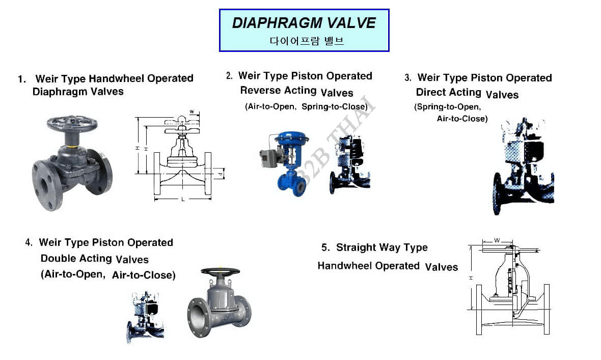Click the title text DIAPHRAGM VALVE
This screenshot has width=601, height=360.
[304, 23]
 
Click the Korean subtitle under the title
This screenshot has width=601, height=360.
[307, 41]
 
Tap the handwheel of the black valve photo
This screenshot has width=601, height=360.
[72, 124]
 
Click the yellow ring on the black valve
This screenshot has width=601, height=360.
[71, 147]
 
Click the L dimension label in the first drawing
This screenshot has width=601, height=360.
[183, 199]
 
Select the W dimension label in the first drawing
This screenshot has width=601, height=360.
[192, 112]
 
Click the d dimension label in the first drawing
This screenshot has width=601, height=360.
[220, 174]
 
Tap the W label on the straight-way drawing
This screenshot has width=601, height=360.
[497, 240]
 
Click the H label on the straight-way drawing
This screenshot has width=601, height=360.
[471, 278]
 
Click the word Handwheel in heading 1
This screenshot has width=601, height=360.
[117, 78]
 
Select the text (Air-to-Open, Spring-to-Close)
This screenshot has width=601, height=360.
[306, 106]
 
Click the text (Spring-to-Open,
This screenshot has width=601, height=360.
[447, 107]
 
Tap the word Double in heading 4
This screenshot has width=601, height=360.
[57, 258]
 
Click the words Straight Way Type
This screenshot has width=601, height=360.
[382, 247]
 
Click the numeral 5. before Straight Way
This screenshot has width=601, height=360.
[325, 247]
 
